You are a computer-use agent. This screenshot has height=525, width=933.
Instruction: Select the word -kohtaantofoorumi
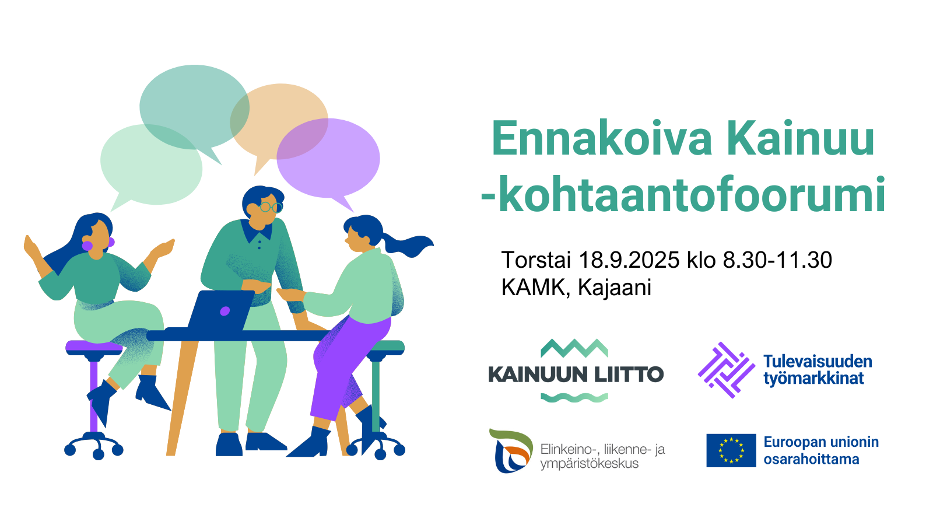tap(683, 195)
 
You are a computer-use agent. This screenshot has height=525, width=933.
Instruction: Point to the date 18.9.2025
tap(629, 260)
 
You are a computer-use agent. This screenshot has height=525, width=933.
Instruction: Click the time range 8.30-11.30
tap(777, 260)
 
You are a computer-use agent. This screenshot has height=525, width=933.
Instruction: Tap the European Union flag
tap(731, 450)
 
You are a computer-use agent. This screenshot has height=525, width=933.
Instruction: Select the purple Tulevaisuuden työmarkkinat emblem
tap(727, 370)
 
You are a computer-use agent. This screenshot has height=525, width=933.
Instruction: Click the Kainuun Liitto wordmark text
tap(576, 374)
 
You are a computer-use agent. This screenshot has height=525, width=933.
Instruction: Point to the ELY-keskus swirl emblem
tap(511, 450)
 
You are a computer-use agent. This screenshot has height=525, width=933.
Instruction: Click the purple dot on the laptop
tap(225, 311)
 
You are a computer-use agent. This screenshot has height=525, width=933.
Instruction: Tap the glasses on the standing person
tap(271, 206)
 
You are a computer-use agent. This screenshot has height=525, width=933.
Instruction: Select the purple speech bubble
tap(328, 160)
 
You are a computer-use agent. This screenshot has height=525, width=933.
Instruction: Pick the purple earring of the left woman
tap(87, 246)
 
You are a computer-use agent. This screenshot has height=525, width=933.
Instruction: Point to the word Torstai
tap(536, 260)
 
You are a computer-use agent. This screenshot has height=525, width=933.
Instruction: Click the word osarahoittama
tap(811, 459)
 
